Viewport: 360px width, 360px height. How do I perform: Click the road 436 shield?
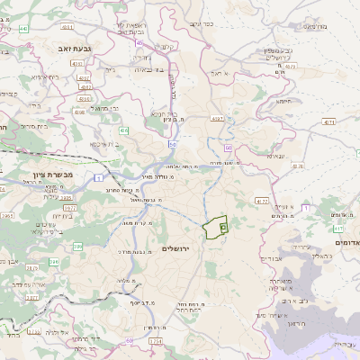tap(126, 130)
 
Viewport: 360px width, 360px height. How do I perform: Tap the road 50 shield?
tap(172, 144)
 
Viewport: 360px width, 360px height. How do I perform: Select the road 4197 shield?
tap(217, 118)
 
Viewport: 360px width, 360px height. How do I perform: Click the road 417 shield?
tap(261, 201)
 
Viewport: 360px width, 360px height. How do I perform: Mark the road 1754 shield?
tap(155, 342)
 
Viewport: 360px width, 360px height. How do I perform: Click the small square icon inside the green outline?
tap(222, 230)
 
